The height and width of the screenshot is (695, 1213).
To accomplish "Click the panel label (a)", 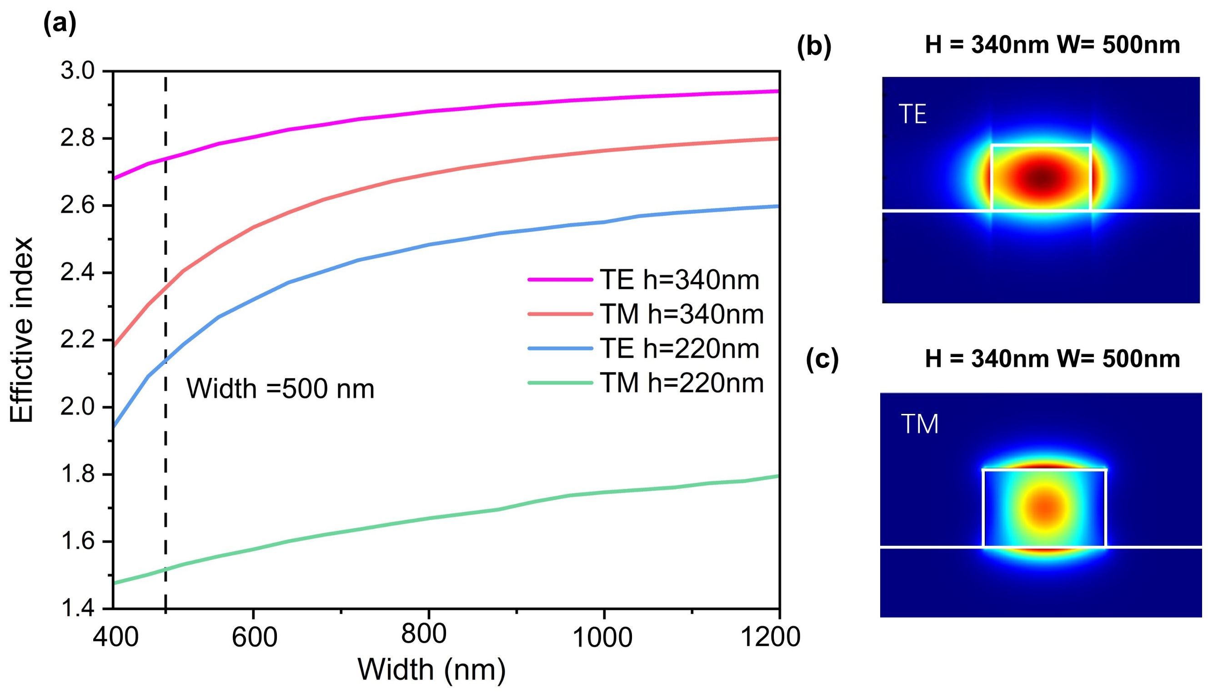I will [x=60, y=24].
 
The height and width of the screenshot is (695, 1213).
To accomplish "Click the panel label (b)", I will [x=814, y=47].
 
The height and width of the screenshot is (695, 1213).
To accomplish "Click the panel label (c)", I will [x=822, y=359].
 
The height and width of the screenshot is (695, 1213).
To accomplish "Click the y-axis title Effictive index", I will [x=22, y=330].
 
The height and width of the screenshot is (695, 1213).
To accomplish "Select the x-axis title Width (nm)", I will [x=431, y=670].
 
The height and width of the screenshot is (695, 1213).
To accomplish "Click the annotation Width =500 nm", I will [x=280, y=388].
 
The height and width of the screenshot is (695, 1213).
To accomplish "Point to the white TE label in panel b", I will [x=912, y=115].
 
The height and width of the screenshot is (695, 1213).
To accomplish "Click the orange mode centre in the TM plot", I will [x=1045, y=506].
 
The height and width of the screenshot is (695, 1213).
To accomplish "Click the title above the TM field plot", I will [x=1052, y=359].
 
